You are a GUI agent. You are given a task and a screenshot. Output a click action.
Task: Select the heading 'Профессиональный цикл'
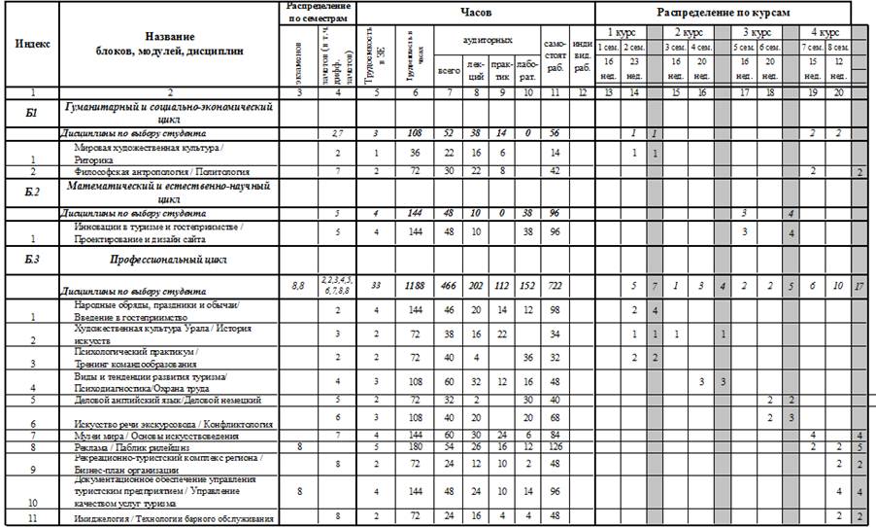click(x=168, y=261)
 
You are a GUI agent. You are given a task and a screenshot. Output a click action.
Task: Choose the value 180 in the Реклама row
click(x=414, y=447)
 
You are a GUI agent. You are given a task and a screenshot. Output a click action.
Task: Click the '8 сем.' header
click(x=839, y=48)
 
